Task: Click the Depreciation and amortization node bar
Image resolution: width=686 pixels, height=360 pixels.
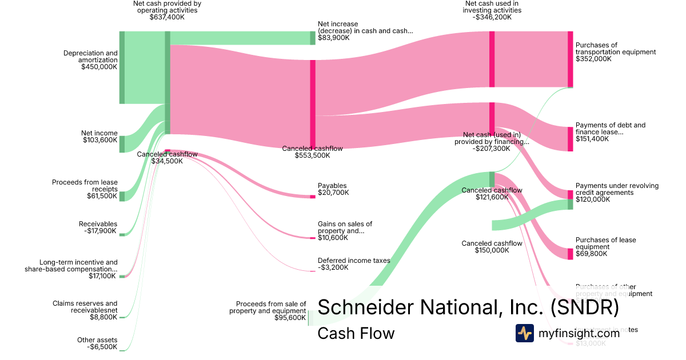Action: (x=122, y=67)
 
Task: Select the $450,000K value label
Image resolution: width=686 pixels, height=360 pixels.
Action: (x=99, y=67)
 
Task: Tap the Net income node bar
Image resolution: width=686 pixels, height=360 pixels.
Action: (x=122, y=144)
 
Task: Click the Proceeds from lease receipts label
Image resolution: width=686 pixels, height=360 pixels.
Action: (x=85, y=186)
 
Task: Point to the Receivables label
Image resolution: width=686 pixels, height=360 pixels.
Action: (x=98, y=224)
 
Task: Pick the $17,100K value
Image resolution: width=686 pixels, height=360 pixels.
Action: (x=103, y=276)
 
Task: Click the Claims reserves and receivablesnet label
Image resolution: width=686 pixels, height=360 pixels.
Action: (x=85, y=307)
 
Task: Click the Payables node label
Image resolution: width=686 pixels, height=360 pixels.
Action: (x=332, y=186)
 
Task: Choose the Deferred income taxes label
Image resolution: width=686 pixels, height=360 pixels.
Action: (x=354, y=260)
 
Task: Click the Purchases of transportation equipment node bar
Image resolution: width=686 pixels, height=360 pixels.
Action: (x=570, y=59)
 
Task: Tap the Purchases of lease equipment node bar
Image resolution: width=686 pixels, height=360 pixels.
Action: (x=570, y=254)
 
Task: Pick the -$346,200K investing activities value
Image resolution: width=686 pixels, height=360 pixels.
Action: (x=492, y=17)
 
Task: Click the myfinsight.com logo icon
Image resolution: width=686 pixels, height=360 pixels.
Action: (x=524, y=333)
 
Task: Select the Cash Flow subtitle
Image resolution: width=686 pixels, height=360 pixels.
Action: (x=356, y=333)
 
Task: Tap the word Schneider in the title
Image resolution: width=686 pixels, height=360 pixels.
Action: (x=366, y=307)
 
